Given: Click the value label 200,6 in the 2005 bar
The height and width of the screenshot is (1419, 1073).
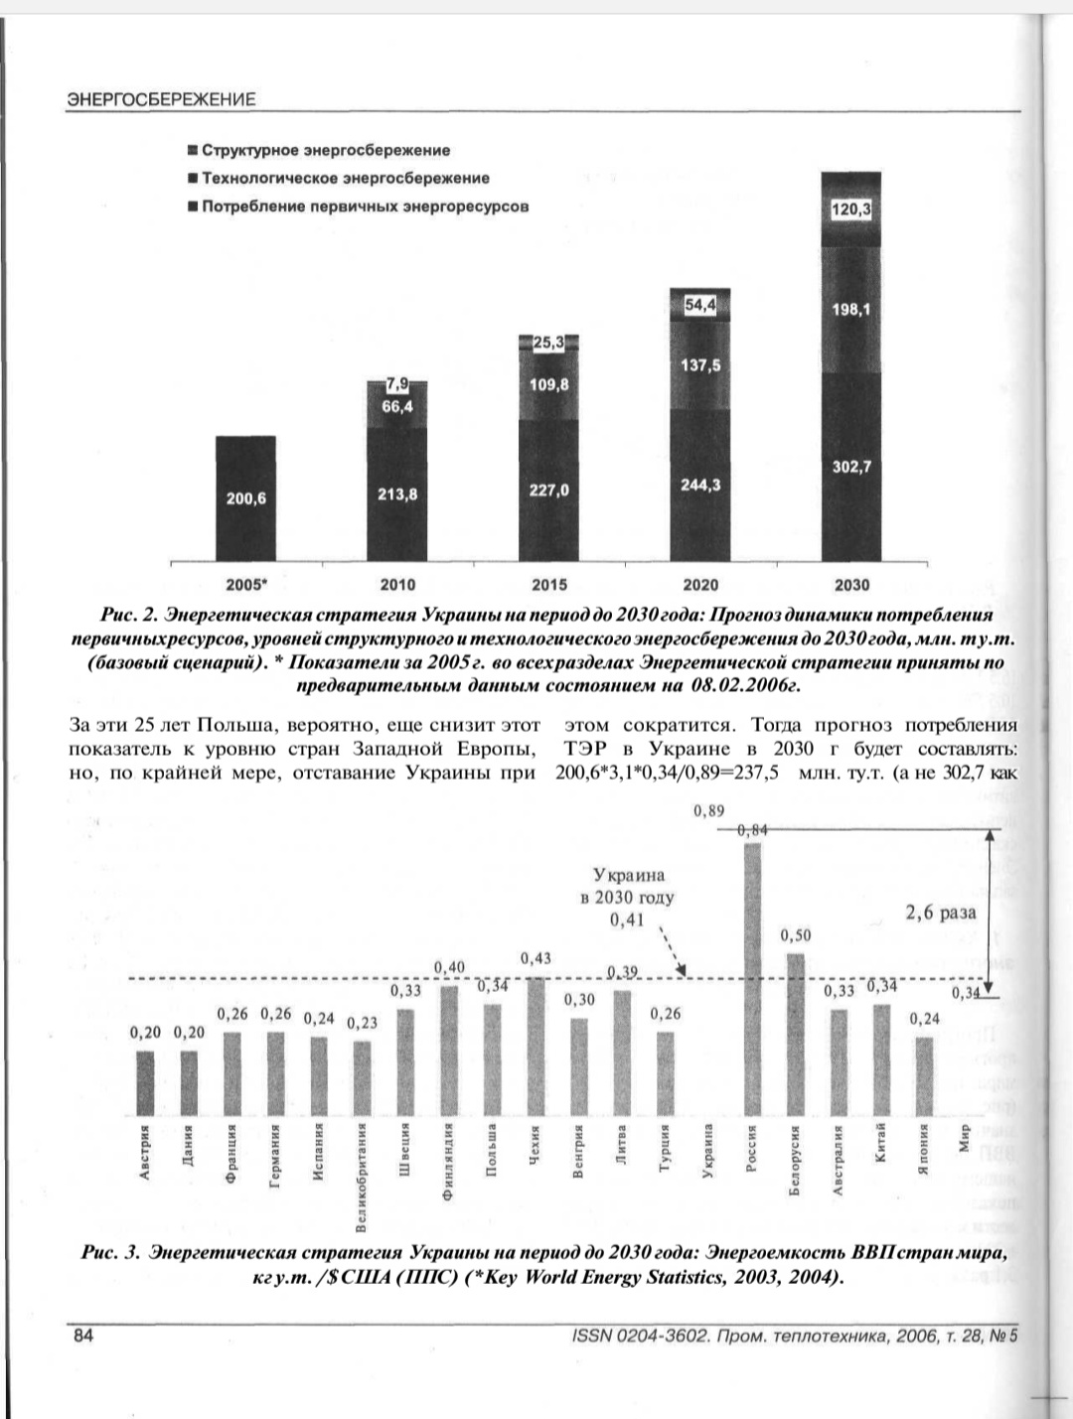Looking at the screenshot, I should pos(245,498).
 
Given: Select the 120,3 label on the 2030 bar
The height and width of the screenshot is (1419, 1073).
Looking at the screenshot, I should pos(850,211).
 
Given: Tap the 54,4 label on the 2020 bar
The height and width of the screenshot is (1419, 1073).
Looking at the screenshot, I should pos(699,306).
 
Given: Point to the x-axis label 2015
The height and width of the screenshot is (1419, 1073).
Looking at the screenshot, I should pos(549,585).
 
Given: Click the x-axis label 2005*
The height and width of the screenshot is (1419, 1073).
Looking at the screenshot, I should pos(245,585).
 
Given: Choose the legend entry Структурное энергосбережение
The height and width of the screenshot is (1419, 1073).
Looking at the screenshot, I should pos(326,151).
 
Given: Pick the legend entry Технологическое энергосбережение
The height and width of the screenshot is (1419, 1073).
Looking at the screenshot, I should pos(346,179).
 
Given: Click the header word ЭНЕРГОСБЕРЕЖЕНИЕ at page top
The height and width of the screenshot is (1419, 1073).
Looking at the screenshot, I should pos(161,99).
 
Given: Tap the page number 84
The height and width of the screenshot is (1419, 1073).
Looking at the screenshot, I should pos(83,1336).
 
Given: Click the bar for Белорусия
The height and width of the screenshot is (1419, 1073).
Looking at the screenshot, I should pos(796,1033).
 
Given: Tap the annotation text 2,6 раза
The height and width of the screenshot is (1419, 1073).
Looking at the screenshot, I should pos(940,913).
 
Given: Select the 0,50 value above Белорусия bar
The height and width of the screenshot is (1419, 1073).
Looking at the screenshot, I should pos(795,935).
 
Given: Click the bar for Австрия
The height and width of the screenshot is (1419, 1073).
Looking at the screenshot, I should pos(146,1082).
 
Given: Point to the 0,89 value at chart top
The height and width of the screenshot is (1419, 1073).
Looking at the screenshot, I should pos(709,811).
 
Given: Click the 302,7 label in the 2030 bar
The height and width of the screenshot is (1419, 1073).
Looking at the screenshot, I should pos(850,467).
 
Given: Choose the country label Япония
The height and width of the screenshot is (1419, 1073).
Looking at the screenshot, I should pos(924,1150).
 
